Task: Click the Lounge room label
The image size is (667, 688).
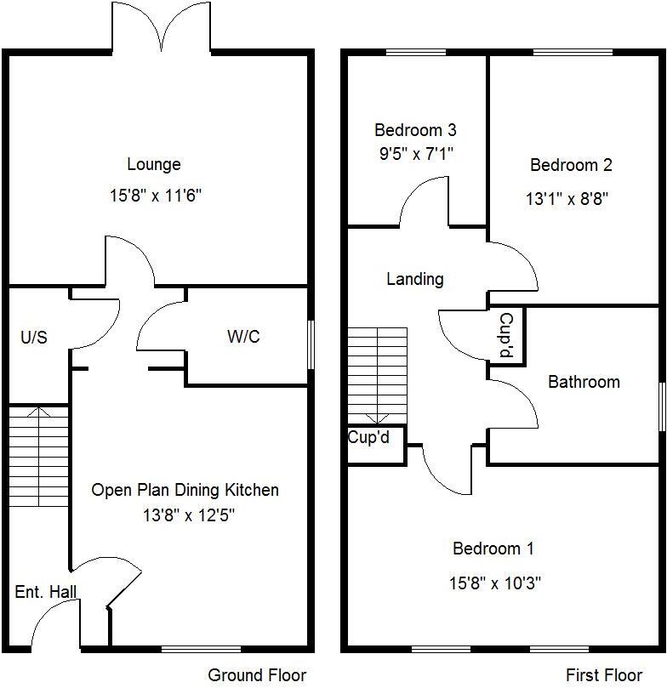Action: click(x=154, y=164)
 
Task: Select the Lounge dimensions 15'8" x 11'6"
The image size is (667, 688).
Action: click(x=155, y=196)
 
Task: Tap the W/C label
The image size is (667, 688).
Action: click(x=243, y=337)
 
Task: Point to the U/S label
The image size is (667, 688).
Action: click(x=34, y=338)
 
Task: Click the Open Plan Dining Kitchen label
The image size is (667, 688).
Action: click(x=185, y=490)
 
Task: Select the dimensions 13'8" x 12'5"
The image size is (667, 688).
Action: click(x=185, y=515)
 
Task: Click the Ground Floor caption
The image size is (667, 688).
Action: click(x=257, y=675)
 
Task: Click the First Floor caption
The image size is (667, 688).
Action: click(x=604, y=675)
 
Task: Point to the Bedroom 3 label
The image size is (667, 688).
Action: click(x=415, y=130)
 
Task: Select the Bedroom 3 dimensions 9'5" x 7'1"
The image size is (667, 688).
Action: click(x=415, y=155)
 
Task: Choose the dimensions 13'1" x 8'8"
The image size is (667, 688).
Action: click(x=567, y=199)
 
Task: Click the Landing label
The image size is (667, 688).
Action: click(x=415, y=279)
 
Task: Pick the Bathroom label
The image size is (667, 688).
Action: click(x=584, y=382)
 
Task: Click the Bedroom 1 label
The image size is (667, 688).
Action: click(x=493, y=549)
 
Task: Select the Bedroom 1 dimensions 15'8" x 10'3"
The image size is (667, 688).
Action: click(x=495, y=583)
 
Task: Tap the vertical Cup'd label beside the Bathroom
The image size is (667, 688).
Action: click(x=505, y=335)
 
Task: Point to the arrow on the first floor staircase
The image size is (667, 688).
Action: click(x=377, y=417)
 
